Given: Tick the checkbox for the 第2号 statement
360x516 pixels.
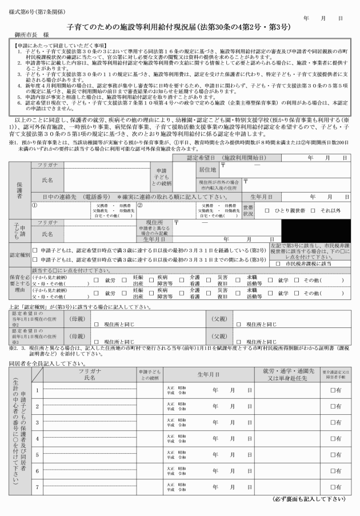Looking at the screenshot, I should (x=35, y=249).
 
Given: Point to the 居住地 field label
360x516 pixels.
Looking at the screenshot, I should (x=207, y=170).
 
